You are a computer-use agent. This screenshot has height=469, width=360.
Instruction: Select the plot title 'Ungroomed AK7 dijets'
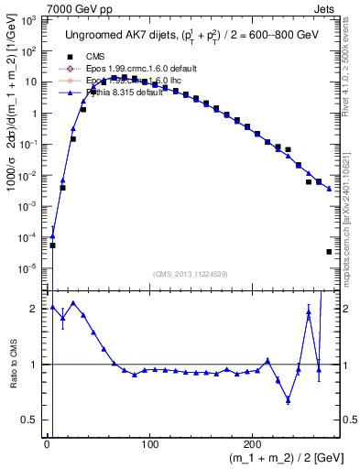(x=124, y=34)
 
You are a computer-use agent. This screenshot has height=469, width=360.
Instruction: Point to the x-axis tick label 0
(x=47, y=444)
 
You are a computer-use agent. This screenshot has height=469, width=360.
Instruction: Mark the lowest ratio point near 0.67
(x=288, y=399)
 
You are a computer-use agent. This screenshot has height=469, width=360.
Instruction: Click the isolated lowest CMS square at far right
(x=329, y=251)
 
